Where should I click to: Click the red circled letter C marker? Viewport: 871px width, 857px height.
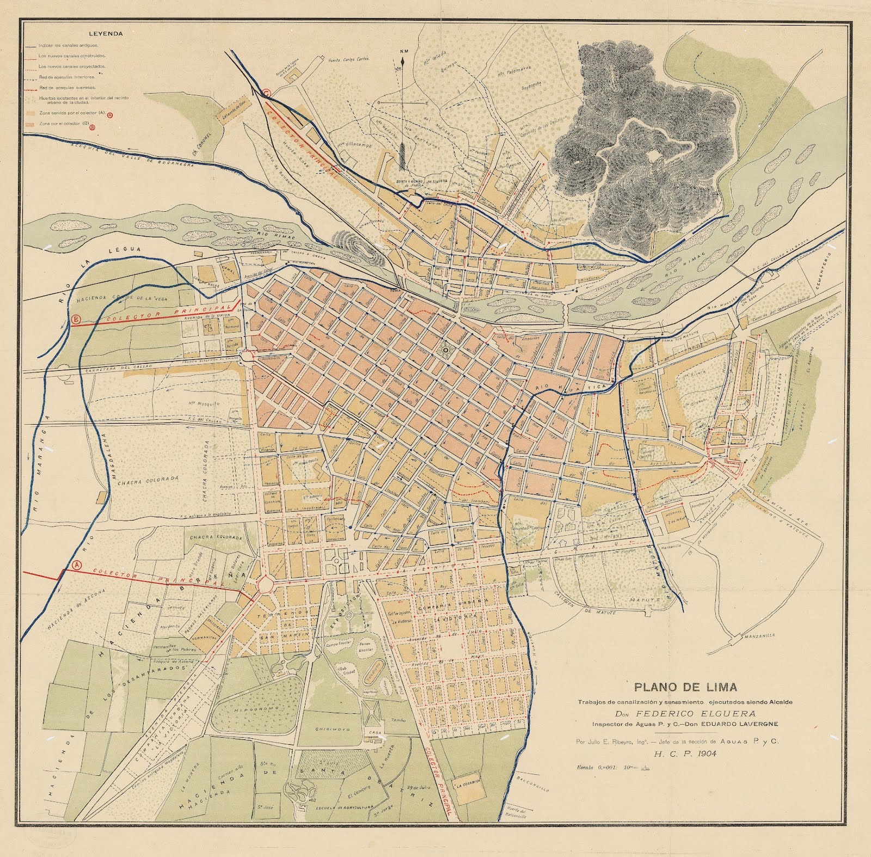click(x=266, y=93)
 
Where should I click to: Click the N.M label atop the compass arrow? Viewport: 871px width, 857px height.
click(x=403, y=52)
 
